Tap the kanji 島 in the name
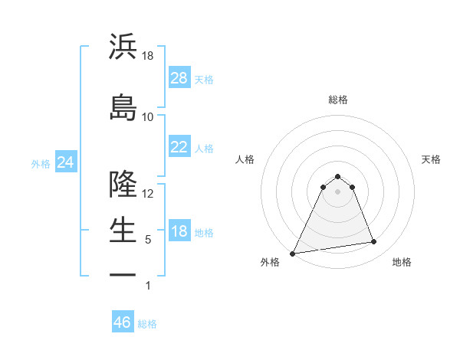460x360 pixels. point(123,107)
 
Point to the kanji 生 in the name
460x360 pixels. point(123,230)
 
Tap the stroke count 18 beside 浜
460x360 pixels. point(149,55)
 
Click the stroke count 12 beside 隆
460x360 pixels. point(149,193)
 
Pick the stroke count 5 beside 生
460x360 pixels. point(149,240)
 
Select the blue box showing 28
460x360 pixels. point(179,77)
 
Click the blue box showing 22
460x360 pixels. point(179,147)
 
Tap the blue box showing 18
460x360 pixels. point(179,231)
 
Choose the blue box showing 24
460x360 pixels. point(66,162)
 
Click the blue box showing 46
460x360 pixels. point(123,322)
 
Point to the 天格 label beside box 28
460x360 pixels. point(204,79)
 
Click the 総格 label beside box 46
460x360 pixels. point(147,324)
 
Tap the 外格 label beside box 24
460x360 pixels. point(41,163)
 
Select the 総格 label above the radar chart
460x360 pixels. point(337,100)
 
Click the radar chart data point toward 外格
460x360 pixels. point(293,253)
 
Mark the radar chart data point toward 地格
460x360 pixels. point(374,242)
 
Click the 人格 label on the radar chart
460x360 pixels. point(245,159)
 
